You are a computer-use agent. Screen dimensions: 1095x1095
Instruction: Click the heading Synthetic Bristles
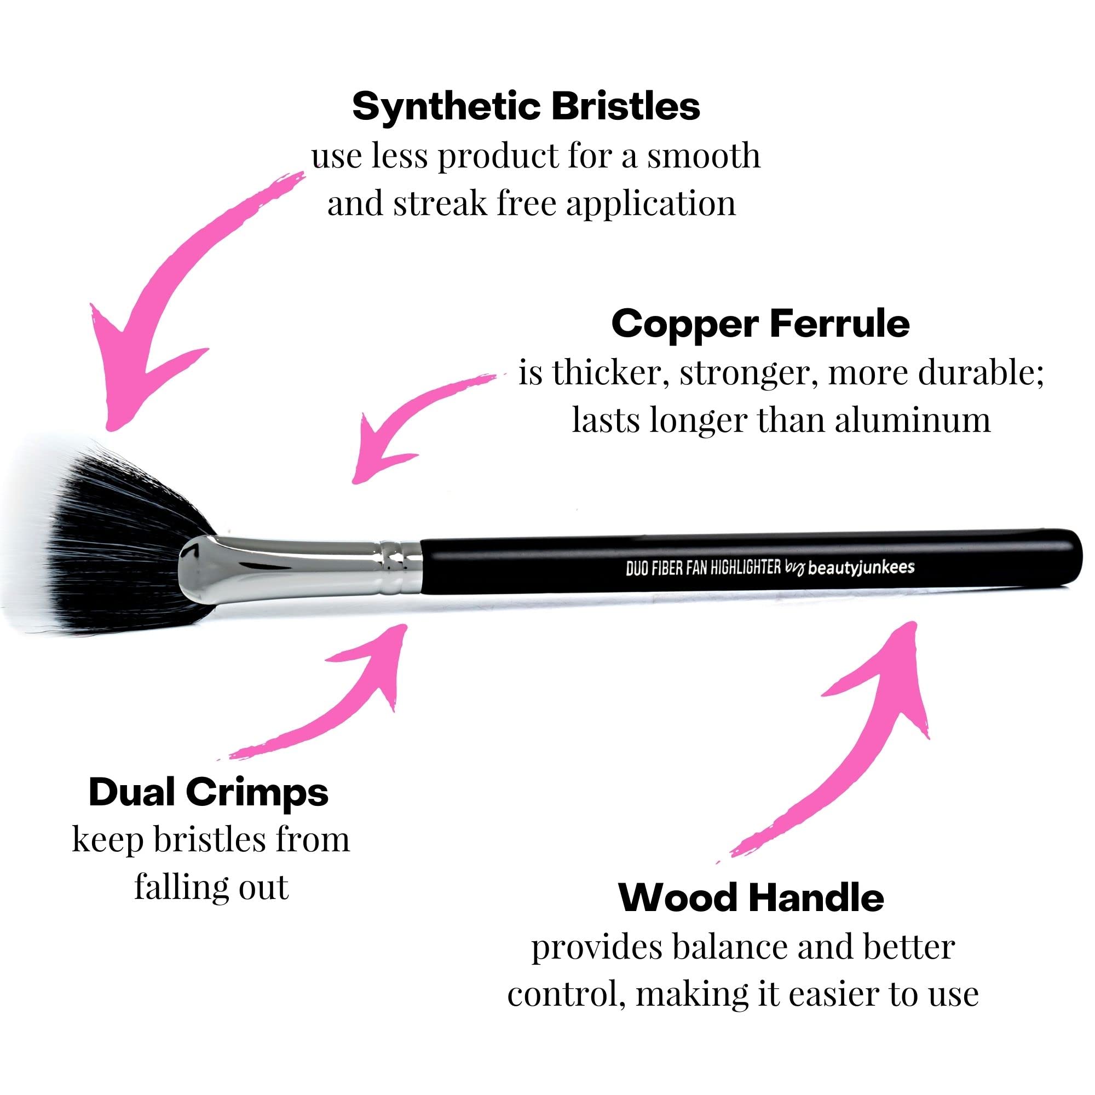(526, 107)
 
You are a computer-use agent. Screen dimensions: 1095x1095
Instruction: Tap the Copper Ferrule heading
(760, 324)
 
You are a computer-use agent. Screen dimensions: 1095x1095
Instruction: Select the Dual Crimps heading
(209, 792)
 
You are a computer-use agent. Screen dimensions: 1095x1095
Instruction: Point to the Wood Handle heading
(751, 898)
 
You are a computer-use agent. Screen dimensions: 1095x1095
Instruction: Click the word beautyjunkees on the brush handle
(861, 568)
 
